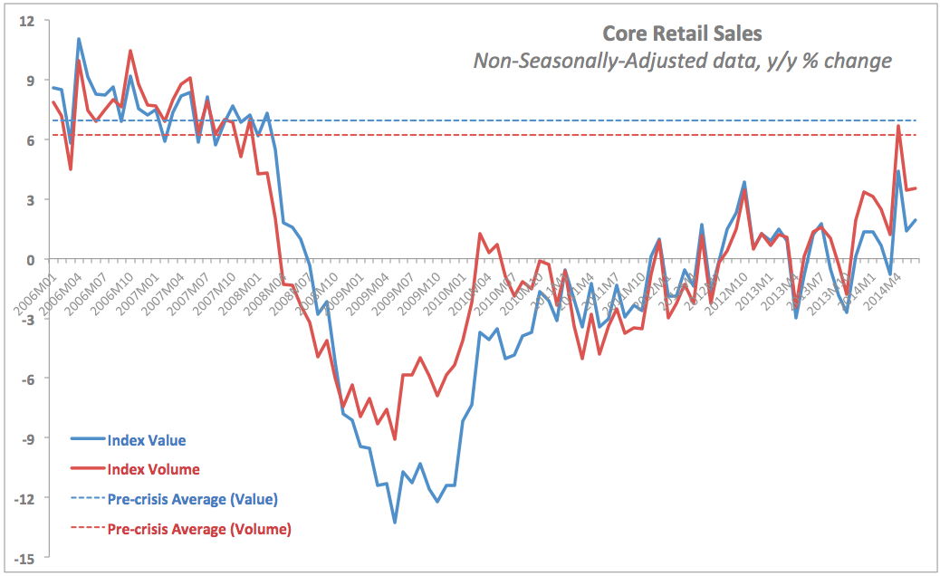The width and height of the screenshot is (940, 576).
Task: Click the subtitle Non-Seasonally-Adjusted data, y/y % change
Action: coord(682,61)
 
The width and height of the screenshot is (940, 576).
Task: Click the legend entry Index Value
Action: coord(146,440)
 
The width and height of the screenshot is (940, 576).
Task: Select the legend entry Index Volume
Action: coord(152,469)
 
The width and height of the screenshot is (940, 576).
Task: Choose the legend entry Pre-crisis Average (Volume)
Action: coord(198,529)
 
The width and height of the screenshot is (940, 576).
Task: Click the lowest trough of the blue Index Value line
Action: coord(395,523)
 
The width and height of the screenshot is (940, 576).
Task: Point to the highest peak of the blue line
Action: coord(79,39)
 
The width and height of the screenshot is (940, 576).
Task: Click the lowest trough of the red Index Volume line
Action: coord(395,439)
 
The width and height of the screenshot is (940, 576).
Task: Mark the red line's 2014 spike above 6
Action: coord(898,126)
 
